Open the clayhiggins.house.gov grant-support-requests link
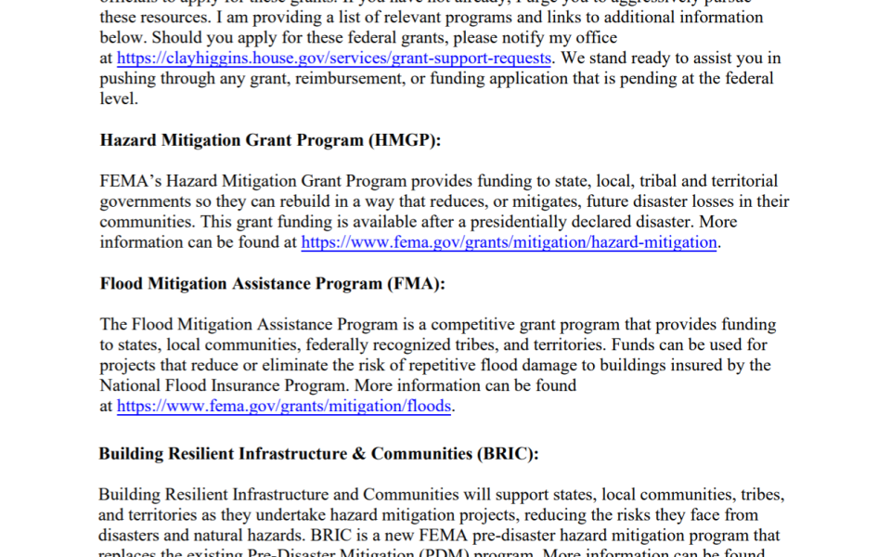click(334, 58)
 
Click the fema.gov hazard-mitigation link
click(510, 242)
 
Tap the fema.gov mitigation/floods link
click(285, 406)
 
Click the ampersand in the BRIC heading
click(357, 454)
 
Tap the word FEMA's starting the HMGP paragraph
click(126, 181)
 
